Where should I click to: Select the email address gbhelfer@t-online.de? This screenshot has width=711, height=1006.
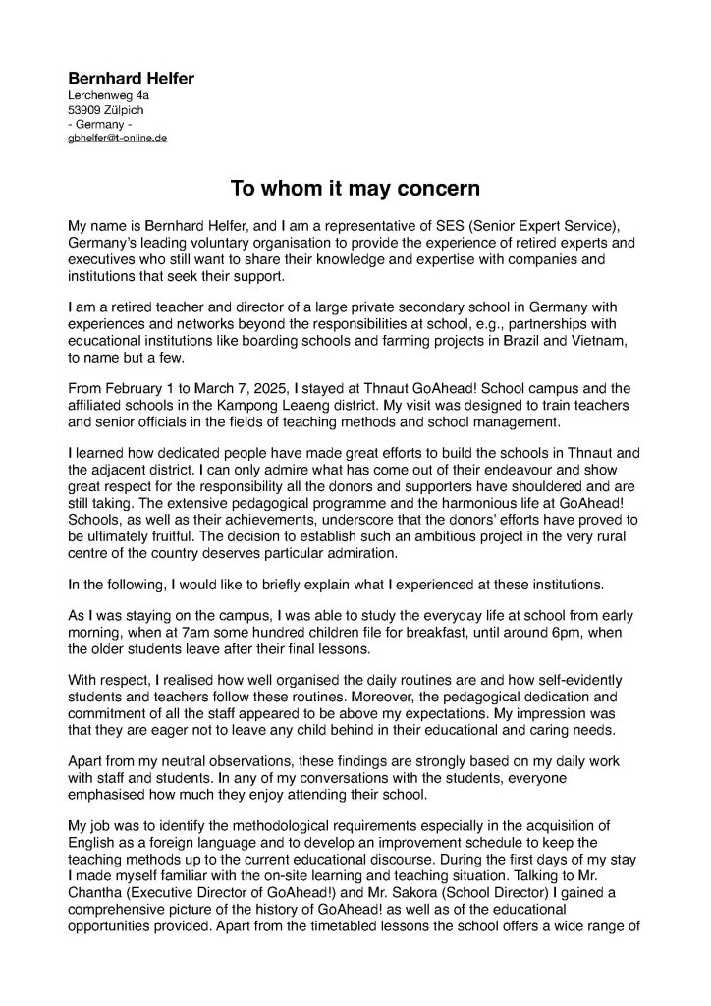tap(117, 139)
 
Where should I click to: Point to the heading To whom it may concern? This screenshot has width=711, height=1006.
tap(355, 187)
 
